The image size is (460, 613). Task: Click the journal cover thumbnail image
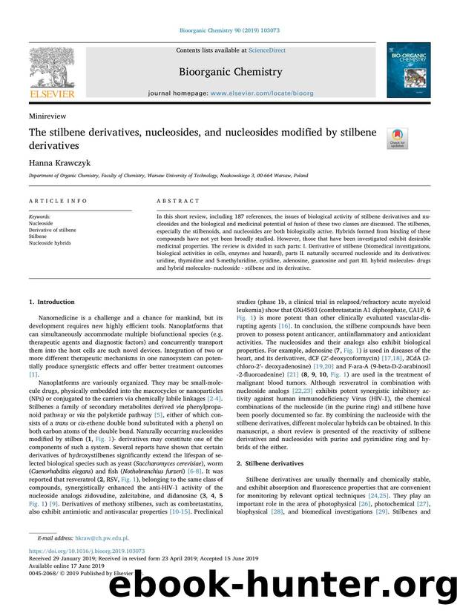pos(407,70)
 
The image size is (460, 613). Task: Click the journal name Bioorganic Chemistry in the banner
pos(229,72)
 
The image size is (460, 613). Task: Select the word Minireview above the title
pos(47,116)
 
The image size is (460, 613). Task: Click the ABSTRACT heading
pos(178,201)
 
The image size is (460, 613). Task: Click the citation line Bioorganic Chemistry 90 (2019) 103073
pos(229,31)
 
